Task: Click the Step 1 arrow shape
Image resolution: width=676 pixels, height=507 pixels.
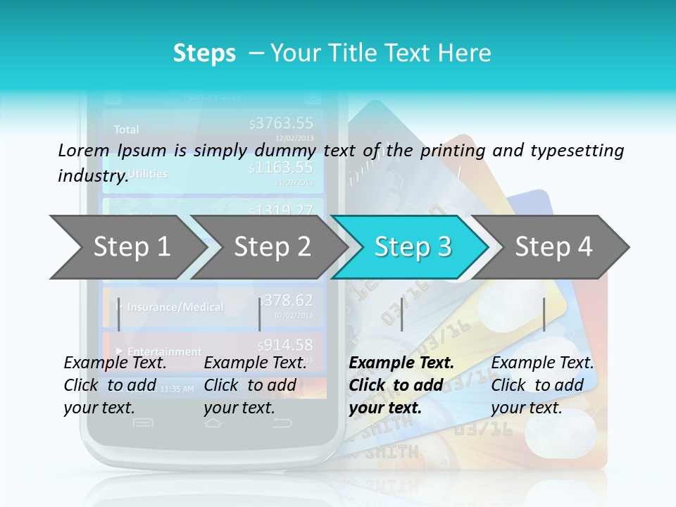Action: [x=127, y=247]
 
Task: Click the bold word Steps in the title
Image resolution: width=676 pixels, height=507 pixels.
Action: [x=204, y=54]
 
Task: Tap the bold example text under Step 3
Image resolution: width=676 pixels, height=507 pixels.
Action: [x=401, y=385]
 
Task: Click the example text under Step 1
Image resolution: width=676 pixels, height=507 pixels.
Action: [x=115, y=385]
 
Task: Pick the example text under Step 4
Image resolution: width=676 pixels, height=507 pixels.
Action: [x=542, y=385]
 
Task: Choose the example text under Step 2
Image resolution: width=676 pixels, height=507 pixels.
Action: [x=255, y=385]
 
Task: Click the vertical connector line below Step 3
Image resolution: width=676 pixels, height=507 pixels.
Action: [x=402, y=314]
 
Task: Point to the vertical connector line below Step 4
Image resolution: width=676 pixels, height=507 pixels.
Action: [x=544, y=314]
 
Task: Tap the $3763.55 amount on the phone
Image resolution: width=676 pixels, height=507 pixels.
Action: [x=282, y=124]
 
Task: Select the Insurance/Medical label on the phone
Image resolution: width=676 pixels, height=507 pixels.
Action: [x=175, y=307]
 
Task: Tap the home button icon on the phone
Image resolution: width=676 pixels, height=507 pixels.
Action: [x=213, y=423]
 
